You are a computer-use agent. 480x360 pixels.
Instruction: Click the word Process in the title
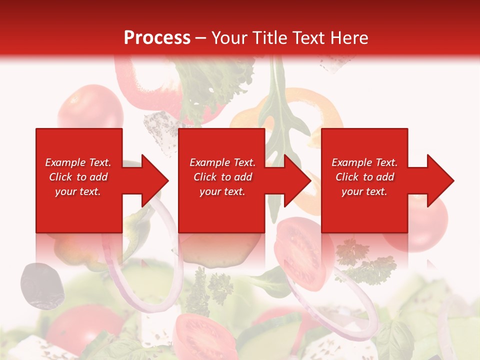pyautogui.click(x=157, y=37)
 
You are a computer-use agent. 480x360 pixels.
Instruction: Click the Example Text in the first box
pyautogui.click(x=78, y=162)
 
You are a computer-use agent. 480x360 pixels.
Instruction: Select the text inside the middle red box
pyautogui.click(x=222, y=177)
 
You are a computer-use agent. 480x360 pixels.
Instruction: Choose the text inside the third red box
pyautogui.click(x=364, y=177)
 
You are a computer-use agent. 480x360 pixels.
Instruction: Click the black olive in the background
pyautogui.click(x=39, y=285)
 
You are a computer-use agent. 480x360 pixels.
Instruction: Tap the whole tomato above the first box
pyautogui.click(x=90, y=107)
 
